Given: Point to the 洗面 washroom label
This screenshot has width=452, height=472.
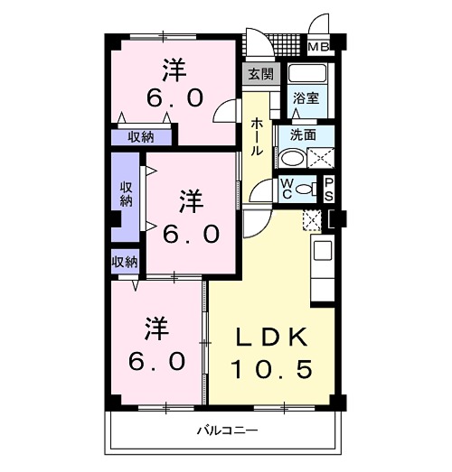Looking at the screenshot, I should (302, 134).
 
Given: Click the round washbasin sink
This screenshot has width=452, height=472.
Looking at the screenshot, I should (292, 157).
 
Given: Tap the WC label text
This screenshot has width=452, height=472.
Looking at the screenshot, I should (287, 188).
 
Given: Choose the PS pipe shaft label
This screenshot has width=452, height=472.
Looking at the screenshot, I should (329, 189).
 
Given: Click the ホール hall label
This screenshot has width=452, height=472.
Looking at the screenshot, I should (258, 136).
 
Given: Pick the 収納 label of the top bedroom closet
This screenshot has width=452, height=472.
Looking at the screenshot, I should (139, 137).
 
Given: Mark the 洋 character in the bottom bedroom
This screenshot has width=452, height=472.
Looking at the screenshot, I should (154, 326).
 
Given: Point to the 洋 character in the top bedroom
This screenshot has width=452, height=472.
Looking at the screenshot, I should (174, 68).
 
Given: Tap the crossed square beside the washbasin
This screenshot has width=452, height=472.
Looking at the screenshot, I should (319, 159).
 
